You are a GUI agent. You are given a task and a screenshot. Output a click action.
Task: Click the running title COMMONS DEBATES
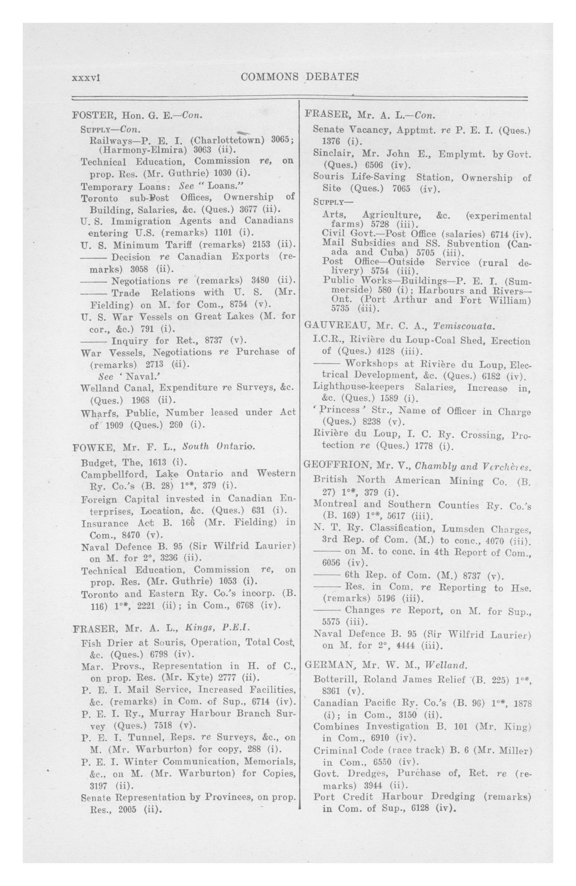point(300,77)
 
